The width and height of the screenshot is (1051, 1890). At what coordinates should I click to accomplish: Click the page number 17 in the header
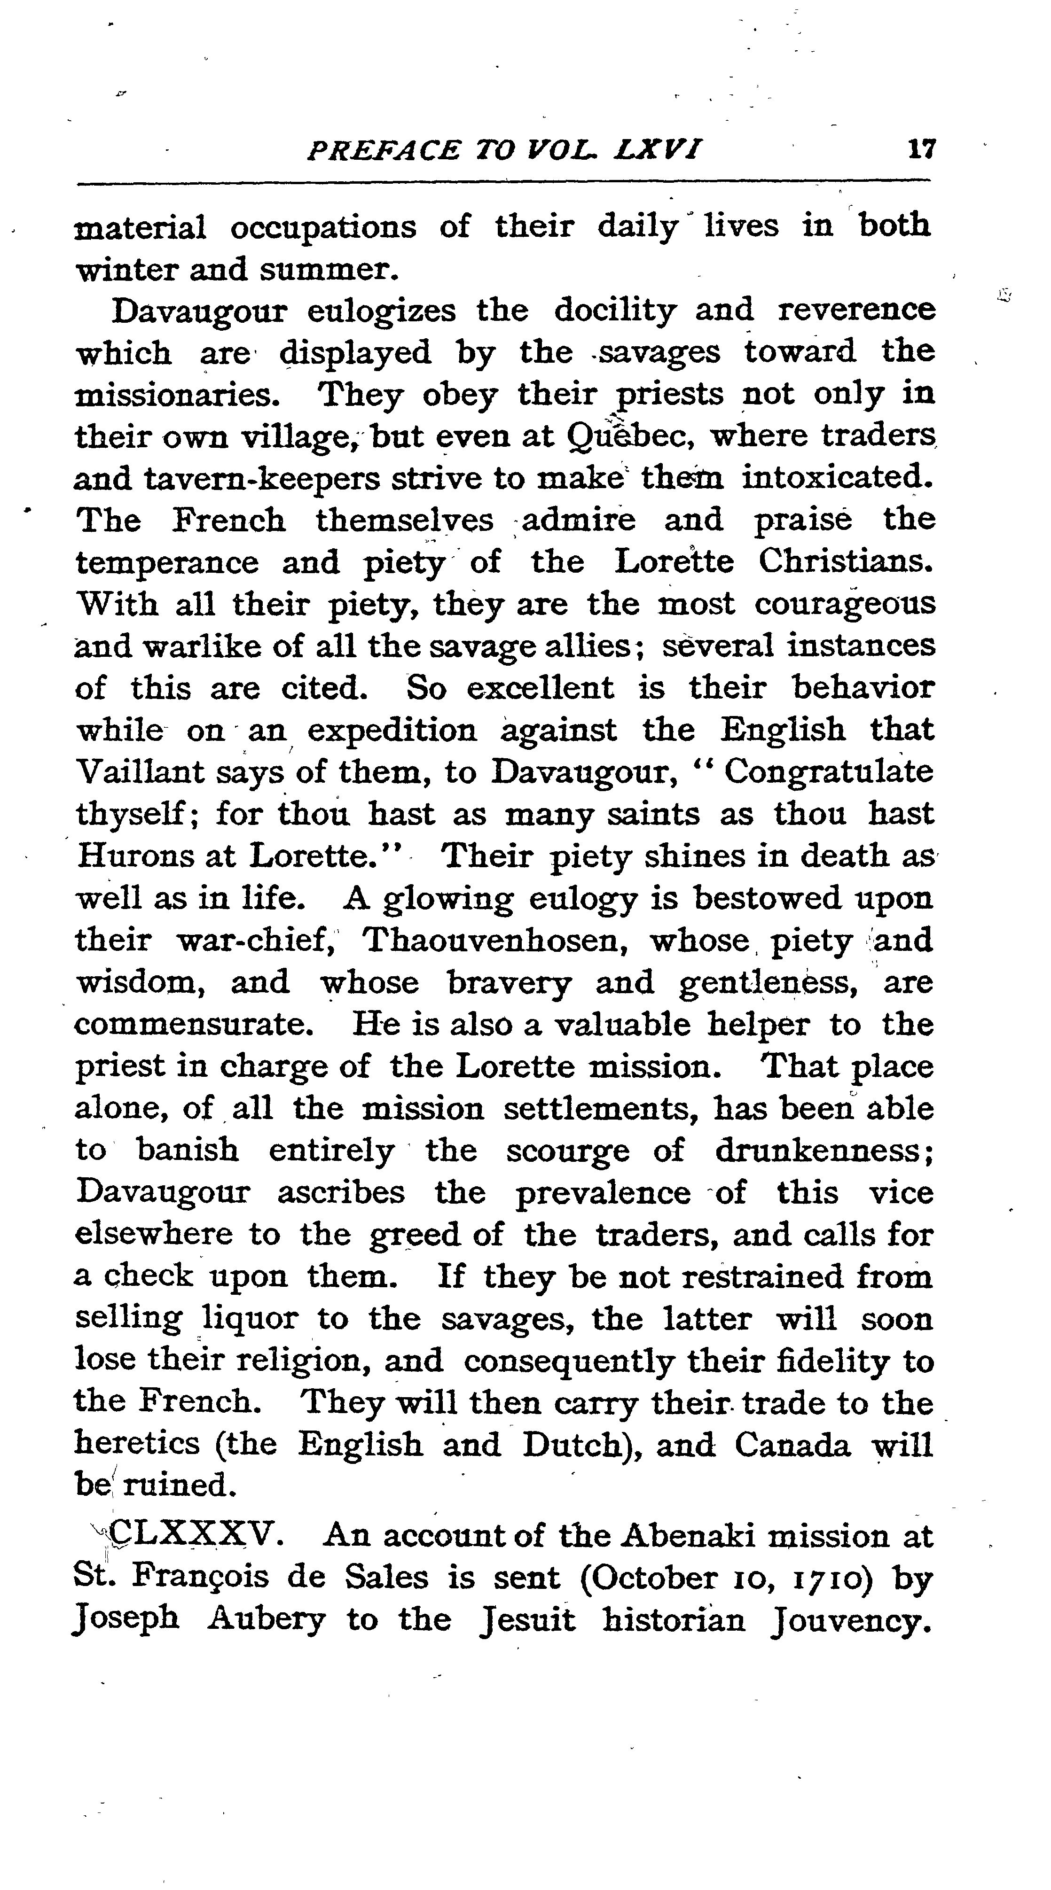click(x=921, y=150)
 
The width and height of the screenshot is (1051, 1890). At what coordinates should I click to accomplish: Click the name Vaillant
click(x=140, y=772)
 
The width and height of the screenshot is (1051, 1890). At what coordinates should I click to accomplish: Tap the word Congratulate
click(x=829, y=772)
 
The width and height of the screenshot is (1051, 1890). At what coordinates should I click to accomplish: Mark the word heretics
click(x=137, y=1446)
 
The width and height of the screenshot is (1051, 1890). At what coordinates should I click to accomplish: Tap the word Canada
click(x=792, y=1446)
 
